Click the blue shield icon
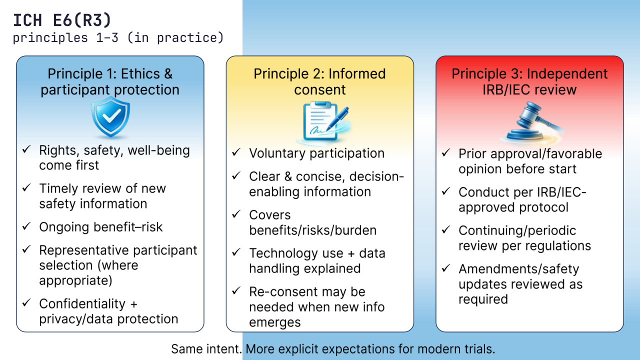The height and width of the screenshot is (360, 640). click(110, 117)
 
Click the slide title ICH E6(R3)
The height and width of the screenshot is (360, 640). click(62, 20)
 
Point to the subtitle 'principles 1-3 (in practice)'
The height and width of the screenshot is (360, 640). click(118, 37)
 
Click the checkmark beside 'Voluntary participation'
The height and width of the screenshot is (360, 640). click(236, 152)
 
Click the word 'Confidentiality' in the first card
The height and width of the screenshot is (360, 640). click(82, 303)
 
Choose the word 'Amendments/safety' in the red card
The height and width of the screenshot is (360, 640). click(518, 269)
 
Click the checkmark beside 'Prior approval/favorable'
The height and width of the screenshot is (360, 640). click(446, 153)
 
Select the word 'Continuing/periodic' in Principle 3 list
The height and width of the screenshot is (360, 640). click(517, 230)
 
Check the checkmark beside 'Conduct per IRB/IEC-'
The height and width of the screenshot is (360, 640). click(446, 191)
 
